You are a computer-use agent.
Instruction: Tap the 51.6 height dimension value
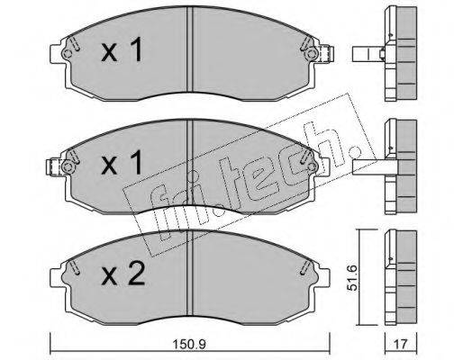click(x=352, y=277)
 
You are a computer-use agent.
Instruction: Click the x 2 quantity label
click(x=123, y=274)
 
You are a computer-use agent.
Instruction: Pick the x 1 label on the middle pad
click(x=122, y=163)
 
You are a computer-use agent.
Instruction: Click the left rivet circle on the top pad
click(x=67, y=54)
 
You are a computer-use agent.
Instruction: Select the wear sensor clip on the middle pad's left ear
click(x=53, y=166)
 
